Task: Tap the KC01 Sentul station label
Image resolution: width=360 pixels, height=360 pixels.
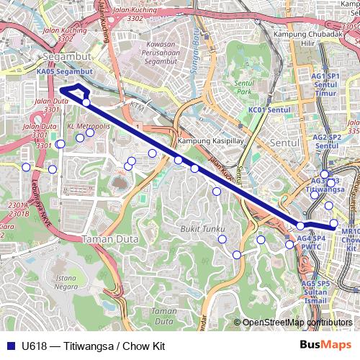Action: click(x=268, y=110)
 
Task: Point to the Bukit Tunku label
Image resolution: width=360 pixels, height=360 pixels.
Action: click(x=199, y=228)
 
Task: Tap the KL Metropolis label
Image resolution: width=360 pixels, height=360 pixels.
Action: click(x=88, y=126)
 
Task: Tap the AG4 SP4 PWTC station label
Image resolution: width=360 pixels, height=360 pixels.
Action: click(x=312, y=242)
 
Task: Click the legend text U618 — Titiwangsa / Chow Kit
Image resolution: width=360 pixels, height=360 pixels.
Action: click(x=94, y=346)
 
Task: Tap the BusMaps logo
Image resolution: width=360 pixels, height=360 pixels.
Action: click(x=325, y=346)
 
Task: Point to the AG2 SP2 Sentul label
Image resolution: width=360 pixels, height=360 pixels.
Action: click(x=326, y=141)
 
